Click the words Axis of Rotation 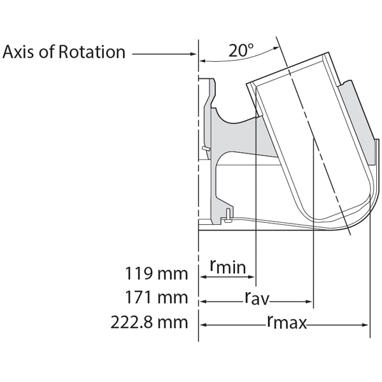pos(64,52)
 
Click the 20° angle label pos(242,51)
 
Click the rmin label pos(227,267)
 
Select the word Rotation pos(92,52)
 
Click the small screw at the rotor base pos(227,217)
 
